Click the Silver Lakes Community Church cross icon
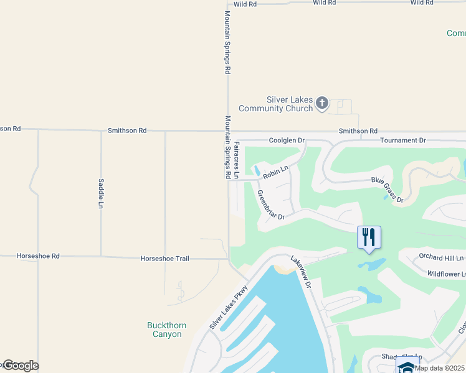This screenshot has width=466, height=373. pos(321,103)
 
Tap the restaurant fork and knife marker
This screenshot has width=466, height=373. pos(369,237)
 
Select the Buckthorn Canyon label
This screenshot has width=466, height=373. pos(164,329)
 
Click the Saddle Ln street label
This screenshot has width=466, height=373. pos(101,193)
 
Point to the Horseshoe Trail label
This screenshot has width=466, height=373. pos(164,259)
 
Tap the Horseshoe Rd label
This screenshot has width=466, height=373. pos(38,256)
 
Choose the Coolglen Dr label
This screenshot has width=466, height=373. pos(286,141)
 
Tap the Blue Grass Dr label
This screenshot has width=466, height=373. pos(388,190)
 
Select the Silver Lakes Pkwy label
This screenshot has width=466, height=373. pos(229,307)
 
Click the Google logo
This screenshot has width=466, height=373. pos(20,366)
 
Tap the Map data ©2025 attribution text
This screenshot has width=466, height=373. pos(439,368)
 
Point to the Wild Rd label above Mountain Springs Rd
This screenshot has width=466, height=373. pos(245,4)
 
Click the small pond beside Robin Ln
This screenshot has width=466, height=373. pos(256,170)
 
